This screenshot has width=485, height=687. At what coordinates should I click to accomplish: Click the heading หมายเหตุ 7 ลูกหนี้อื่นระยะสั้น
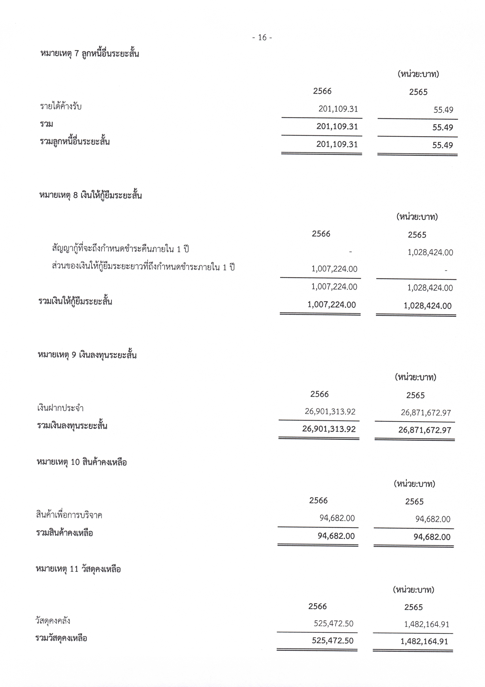[x=90, y=54]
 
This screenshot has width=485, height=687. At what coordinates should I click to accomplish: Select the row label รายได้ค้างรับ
[x=61, y=106]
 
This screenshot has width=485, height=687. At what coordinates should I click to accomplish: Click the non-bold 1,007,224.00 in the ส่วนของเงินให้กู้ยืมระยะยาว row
[x=334, y=269]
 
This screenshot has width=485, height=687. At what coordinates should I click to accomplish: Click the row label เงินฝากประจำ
[x=60, y=408]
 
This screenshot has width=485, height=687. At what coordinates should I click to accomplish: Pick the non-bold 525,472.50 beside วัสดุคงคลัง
[x=333, y=624]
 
